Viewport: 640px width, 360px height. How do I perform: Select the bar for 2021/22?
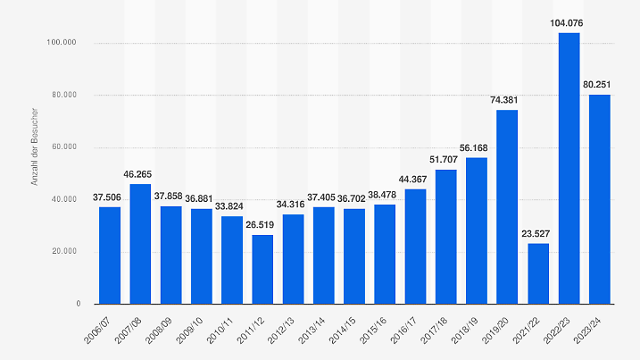pyautogui.click(x=538, y=273)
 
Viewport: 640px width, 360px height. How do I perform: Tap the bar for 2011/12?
pyautogui.click(x=262, y=269)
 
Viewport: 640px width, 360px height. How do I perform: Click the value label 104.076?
pyautogui.click(x=569, y=22)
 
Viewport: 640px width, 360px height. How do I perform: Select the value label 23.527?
pyautogui.click(x=538, y=233)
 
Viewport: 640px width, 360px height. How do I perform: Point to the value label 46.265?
pyautogui.click(x=140, y=173)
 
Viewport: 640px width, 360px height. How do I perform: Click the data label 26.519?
pyautogui.click(x=262, y=225)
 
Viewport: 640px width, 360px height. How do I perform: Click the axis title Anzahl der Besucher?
pyautogui.click(x=35, y=148)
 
